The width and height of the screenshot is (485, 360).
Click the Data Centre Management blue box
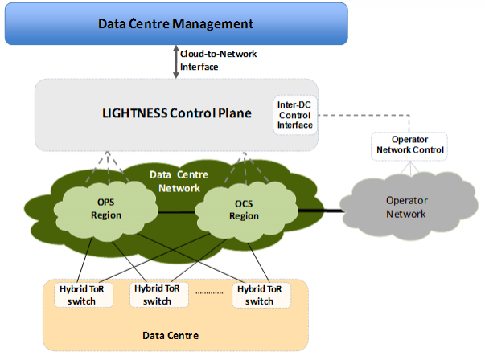[x=176, y=24]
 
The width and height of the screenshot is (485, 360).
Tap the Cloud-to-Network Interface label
[x=219, y=60]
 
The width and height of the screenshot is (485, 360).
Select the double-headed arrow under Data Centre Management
[x=175, y=62]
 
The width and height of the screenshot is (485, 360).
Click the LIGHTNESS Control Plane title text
[x=177, y=113]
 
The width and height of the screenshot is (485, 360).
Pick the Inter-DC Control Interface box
[x=295, y=115]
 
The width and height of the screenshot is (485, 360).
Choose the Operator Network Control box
[x=409, y=146]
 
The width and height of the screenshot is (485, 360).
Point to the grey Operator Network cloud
[x=409, y=206]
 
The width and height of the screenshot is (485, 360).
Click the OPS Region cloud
[x=106, y=210]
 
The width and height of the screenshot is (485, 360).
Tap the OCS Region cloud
[x=246, y=211]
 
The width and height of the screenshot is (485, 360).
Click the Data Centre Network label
[x=179, y=182]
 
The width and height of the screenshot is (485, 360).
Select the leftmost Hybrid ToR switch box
[x=84, y=295]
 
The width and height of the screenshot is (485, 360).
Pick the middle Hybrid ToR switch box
[x=159, y=295]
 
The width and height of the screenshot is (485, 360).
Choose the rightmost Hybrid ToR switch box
[x=261, y=296]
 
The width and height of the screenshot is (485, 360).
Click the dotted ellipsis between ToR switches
[x=209, y=292]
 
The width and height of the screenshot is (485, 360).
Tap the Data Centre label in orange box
[x=171, y=336]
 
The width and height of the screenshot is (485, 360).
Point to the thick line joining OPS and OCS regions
[x=177, y=212]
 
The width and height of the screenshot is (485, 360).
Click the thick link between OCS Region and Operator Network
[x=321, y=211]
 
